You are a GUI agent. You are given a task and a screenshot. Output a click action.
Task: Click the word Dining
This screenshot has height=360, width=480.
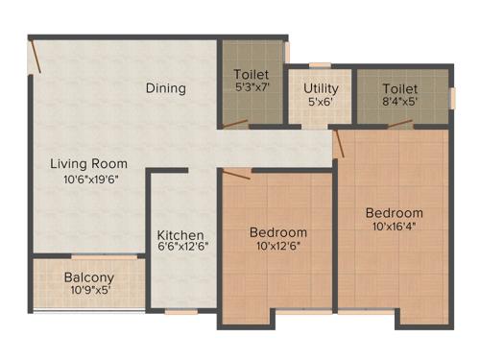pyautogui.click(x=166, y=88)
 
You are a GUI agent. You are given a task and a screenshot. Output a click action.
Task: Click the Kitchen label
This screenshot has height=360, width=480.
pyautogui.click(x=181, y=235)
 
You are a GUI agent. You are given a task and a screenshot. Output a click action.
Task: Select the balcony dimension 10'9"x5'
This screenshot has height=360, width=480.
pyautogui.click(x=89, y=291)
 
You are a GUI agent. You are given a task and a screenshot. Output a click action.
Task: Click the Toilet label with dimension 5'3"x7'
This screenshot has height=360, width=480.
pyautogui.click(x=252, y=74)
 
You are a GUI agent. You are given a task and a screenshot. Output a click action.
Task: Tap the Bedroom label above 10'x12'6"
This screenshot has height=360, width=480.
pyautogui.click(x=278, y=232)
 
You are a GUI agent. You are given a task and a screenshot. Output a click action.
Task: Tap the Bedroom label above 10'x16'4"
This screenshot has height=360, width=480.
pyautogui.click(x=394, y=212)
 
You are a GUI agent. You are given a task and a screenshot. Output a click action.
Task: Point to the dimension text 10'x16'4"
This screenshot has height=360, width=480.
pyautogui.click(x=394, y=227)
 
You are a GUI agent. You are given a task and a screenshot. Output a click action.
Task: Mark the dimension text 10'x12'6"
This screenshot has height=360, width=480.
pyautogui.click(x=278, y=247)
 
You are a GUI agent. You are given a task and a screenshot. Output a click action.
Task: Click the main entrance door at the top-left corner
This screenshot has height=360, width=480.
pyautogui.click(x=36, y=56)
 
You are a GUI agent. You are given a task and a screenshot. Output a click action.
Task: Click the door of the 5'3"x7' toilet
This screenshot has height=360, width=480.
pyautogui.click(x=234, y=124)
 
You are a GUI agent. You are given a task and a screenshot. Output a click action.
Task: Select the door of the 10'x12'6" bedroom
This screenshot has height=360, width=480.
pyautogui.click(x=237, y=173)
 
